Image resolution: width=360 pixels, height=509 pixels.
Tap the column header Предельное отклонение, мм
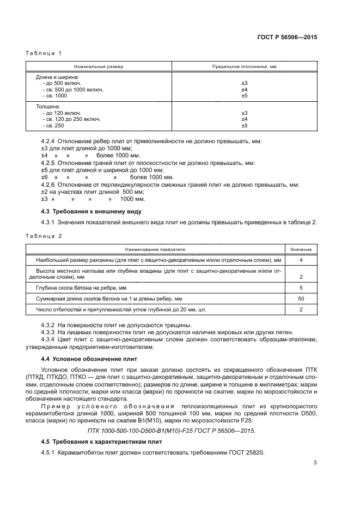click(x=244, y=66)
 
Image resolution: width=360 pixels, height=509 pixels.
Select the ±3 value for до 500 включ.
click(x=244, y=83)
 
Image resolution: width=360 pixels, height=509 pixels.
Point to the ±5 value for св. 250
click(x=244, y=126)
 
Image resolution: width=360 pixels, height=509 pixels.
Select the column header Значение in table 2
click(x=301, y=249)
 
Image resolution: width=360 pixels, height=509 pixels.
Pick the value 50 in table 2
click(x=301, y=299)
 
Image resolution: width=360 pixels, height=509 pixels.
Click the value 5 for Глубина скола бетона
click(x=301, y=287)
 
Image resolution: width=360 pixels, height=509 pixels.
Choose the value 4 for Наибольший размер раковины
click(x=301, y=260)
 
